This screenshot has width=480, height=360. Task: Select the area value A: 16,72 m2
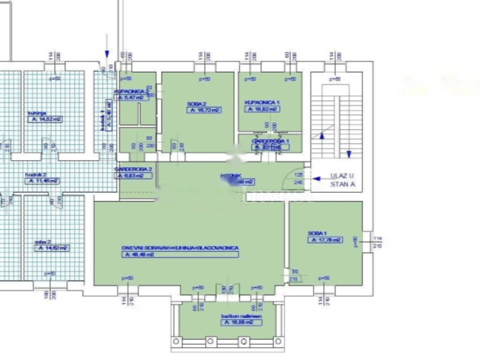(x=204, y=110)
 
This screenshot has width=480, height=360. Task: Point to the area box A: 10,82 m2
(x=262, y=109)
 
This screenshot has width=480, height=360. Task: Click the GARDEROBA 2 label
(x=133, y=169)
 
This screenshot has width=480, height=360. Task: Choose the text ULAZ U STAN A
(x=343, y=180)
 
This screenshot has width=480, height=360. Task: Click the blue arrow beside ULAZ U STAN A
(x=317, y=179)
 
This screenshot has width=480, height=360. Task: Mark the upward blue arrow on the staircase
(x=322, y=136)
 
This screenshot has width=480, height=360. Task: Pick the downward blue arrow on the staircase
(x=349, y=154)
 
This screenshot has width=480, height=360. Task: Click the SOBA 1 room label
(x=317, y=233)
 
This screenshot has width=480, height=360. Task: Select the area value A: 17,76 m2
(x=325, y=240)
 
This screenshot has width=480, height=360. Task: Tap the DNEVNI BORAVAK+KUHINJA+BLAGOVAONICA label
(x=180, y=248)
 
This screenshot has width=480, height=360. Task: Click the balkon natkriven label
(x=241, y=316)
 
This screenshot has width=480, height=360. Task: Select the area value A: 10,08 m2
(x=241, y=322)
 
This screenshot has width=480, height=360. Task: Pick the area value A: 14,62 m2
(x=52, y=248)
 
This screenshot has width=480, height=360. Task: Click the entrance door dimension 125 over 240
(x=298, y=179)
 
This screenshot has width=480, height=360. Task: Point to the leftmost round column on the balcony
(x=177, y=341)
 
